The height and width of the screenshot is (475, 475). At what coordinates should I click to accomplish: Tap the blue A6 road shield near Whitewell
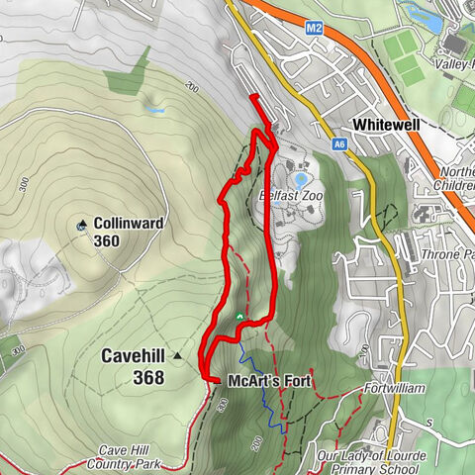(x=339, y=144)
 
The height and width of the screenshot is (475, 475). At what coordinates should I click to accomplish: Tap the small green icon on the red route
(x=238, y=317)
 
